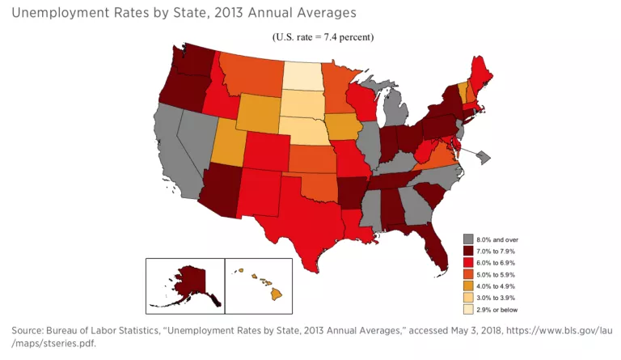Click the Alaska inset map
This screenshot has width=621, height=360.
[x=184, y=285]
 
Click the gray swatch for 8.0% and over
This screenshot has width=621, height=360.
[x=468, y=239]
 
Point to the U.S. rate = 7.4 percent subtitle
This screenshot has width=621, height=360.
[x=323, y=37]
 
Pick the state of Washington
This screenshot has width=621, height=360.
[x=194, y=59]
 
